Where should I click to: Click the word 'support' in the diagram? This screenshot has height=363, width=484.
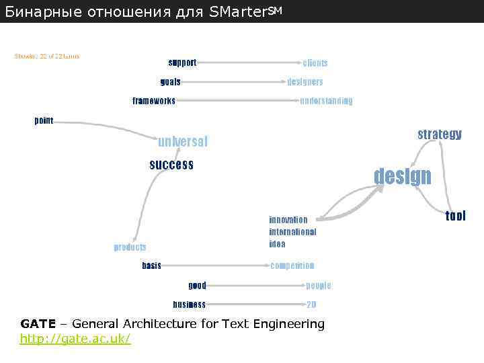point(182,63)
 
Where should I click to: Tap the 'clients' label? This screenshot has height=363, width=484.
point(315,63)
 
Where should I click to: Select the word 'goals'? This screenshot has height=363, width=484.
point(170,82)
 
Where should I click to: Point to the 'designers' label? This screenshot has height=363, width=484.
point(305,82)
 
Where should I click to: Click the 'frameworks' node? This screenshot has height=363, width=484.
point(154,101)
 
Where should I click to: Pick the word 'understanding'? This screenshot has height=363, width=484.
point(326,101)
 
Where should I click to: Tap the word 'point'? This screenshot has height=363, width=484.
point(44,120)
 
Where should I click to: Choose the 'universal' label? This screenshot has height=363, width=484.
point(183,142)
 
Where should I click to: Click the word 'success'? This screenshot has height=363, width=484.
point(171,165)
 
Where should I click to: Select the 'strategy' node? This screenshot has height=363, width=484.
point(440,134)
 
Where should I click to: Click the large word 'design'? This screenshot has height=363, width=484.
point(403,176)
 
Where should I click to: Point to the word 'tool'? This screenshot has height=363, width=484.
point(455,216)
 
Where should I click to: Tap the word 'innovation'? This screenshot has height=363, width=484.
point(288,220)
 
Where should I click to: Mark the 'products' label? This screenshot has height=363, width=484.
point(130,247)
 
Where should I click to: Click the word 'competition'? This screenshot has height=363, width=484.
point(292,266)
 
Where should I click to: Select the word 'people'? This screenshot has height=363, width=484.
point(318,286)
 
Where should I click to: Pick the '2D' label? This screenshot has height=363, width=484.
point(311,305)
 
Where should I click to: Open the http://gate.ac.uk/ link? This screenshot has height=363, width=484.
point(75,339)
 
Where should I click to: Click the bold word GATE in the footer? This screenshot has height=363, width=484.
point(34,324)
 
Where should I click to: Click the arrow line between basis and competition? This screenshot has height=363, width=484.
point(215,266)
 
